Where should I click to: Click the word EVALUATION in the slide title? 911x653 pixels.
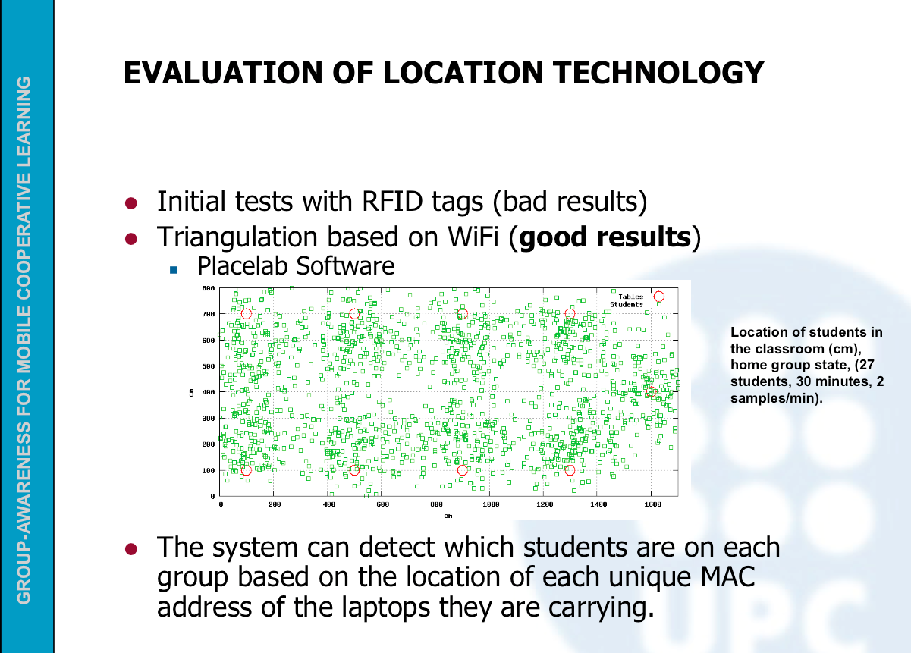(x=223, y=74)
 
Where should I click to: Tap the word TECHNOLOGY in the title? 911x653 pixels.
(x=659, y=74)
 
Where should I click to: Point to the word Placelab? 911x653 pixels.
(x=243, y=266)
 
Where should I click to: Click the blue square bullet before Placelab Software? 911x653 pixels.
(x=174, y=269)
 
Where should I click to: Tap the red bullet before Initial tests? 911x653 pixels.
(x=131, y=203)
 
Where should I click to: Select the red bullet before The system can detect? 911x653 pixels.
(x=131, y=549)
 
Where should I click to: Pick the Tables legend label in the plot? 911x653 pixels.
(x=631, y=297)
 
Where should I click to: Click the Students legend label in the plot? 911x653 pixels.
(x=627, y=305)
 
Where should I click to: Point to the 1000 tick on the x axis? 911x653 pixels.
(x=491, y=504)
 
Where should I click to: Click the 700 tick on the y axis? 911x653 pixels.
(x=209, y=314)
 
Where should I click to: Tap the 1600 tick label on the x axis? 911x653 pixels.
(x=653, y=504)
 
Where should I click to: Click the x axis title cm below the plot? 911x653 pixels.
(x=448, y=516)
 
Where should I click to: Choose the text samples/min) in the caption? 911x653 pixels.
(x=777, y=398)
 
